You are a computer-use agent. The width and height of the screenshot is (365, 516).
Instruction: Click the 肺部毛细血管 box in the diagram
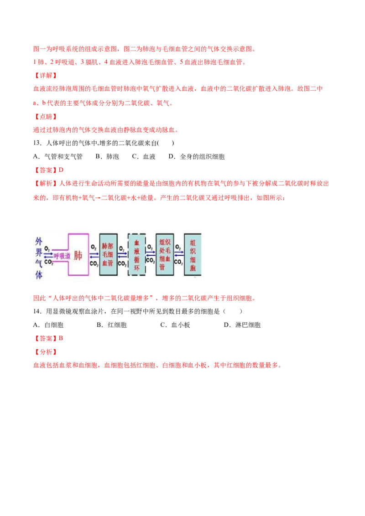tap(108, 254)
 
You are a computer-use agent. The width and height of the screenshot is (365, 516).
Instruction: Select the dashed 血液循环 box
tap(137, 254)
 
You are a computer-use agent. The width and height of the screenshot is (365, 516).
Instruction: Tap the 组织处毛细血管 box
tap(165, 254)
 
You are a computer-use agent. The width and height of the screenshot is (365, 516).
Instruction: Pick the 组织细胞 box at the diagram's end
tap(193, 254)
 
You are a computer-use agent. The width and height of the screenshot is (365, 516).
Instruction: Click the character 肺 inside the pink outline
tap(78, 255)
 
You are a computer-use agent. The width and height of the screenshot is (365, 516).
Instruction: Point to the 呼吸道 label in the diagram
tap(62, 256)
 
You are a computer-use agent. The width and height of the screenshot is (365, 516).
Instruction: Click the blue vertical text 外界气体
tap(39, 258)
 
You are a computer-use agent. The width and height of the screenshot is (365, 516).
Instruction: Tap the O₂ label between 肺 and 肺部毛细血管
tap(94, 247)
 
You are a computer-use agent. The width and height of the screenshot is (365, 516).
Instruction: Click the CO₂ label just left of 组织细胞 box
tap(178, 262)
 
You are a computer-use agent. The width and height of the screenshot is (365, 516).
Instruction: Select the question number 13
tap(37, 143)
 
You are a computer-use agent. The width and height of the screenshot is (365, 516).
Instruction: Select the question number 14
tap(37, 311)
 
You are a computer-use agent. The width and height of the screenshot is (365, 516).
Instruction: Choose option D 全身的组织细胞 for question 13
tap(196, 157)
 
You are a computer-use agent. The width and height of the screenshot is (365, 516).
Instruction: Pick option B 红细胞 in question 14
tap(112, 325)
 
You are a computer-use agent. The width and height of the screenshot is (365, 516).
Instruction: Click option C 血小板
tap(175, 325)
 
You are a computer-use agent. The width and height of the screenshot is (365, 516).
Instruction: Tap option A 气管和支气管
tap(57, 157)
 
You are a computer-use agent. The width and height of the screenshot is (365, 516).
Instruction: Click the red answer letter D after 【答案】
tap(61, 170)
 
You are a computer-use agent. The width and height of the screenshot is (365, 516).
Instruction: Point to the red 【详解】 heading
tap(46, 75)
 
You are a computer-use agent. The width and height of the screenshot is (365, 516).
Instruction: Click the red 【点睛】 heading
tap(46, 117)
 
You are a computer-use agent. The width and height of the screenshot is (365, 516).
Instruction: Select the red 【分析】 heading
tap(46, 352)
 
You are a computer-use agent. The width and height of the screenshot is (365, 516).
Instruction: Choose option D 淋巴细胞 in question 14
tap(242, 325)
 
